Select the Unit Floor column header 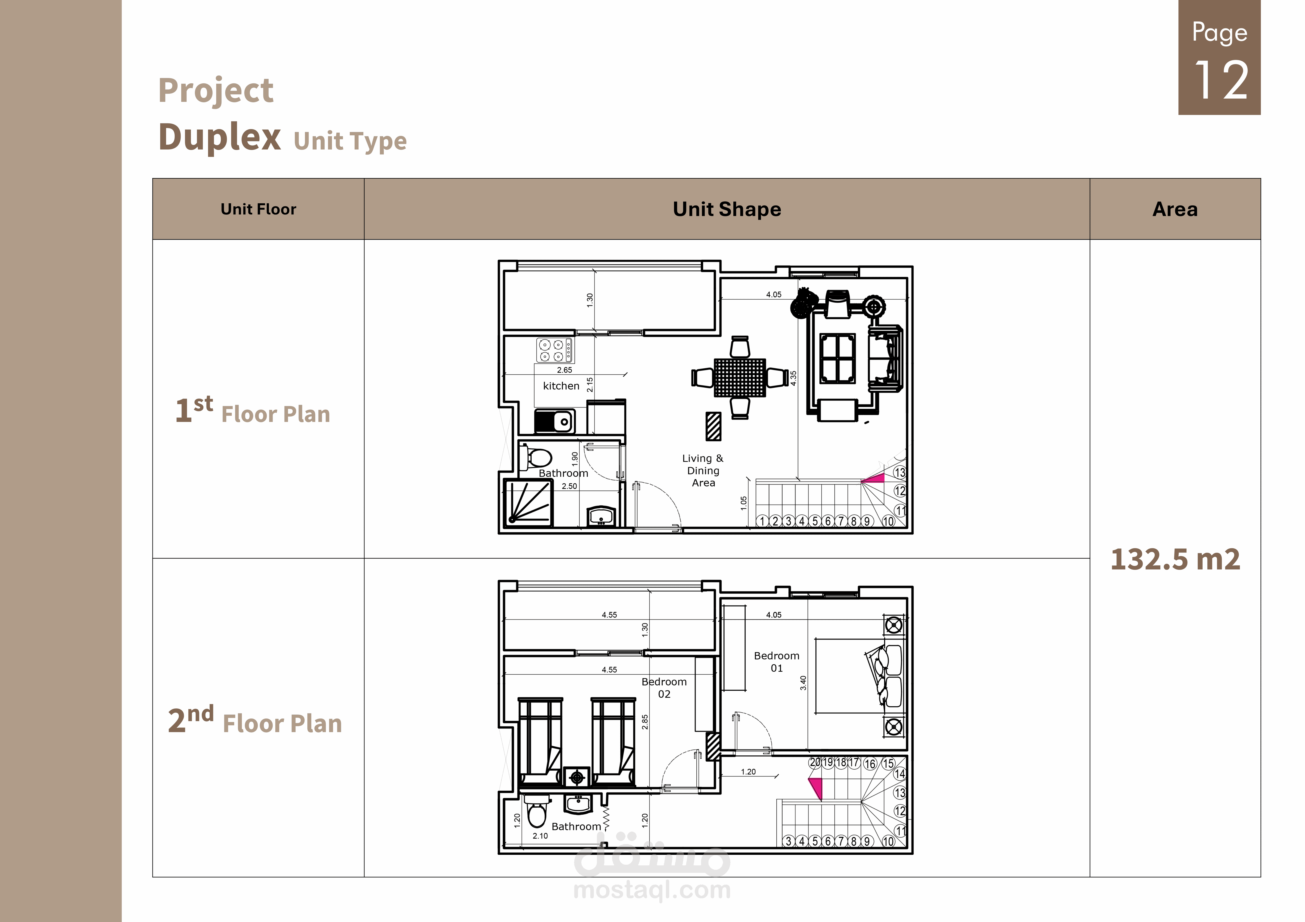tap(259, 209)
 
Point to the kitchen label tap(561, 386)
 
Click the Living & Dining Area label tap(703, 470)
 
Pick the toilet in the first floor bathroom tap(536, 457)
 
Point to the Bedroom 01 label tap(776, 662)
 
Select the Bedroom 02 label tap(664, 687)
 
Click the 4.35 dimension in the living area tap(794, 378)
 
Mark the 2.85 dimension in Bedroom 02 tap(645, 722)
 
